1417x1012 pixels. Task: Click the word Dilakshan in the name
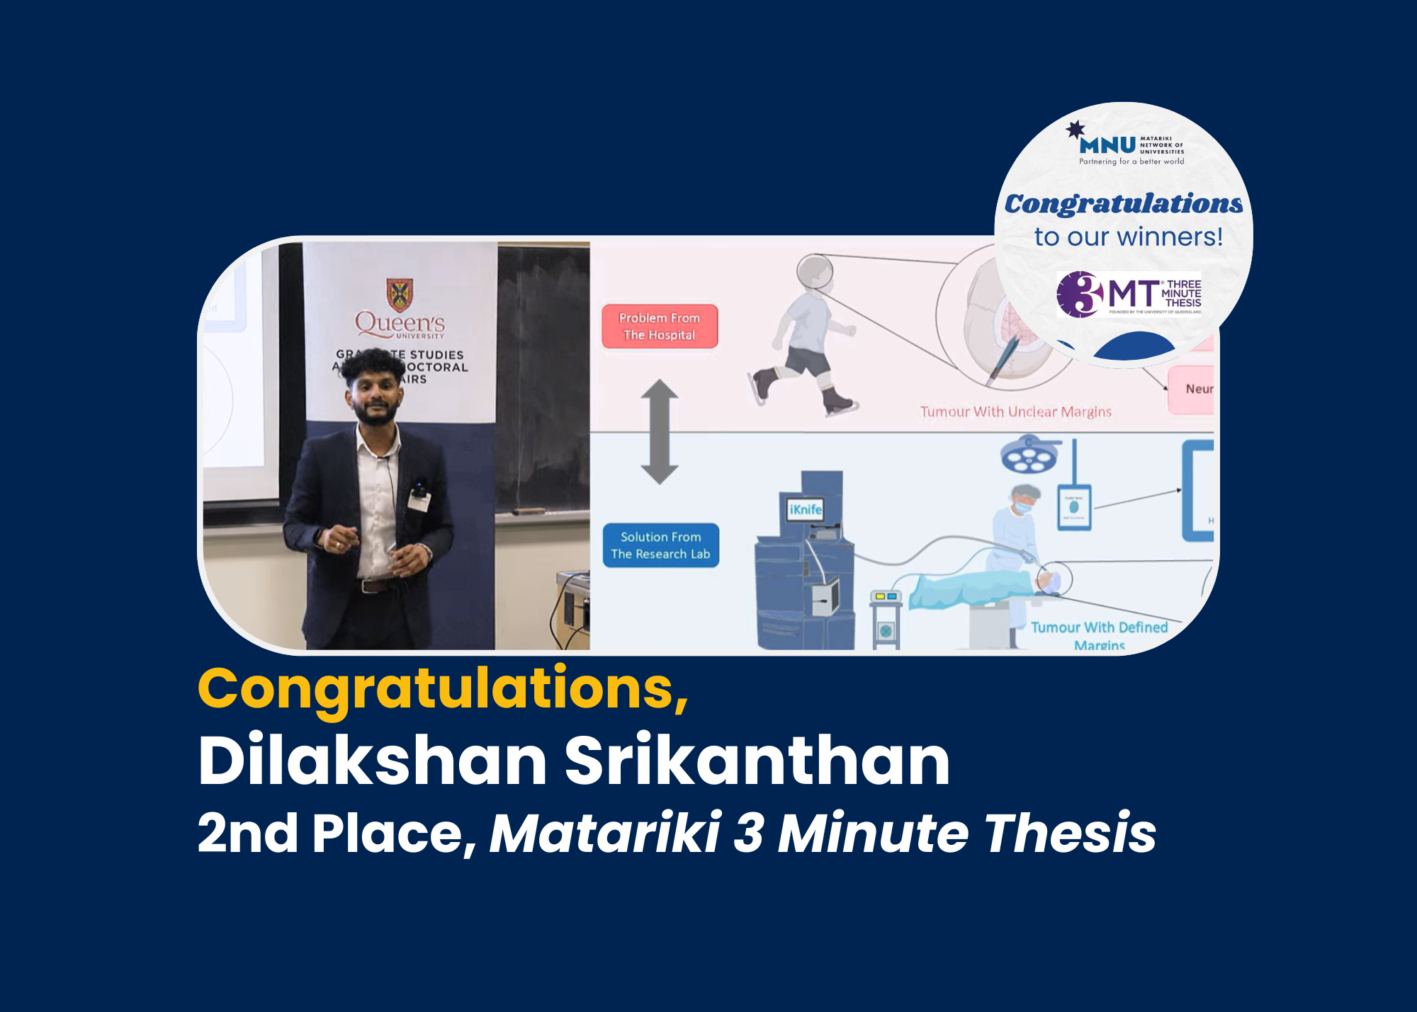point(372,761)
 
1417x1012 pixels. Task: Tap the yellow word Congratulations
point(442,688)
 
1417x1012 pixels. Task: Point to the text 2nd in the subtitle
point(247,833)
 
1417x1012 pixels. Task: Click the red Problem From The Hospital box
point(660,326)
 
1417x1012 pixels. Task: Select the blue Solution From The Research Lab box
point(660,545)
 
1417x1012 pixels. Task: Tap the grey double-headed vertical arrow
point(660,431)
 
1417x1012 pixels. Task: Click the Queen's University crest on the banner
point(400,294)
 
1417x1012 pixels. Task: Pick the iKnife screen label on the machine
point(806,509)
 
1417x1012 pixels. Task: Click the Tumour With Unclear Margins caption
point(1015,411)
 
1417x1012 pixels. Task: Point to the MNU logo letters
point(1107,145)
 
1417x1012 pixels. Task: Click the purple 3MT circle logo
point(1080,294)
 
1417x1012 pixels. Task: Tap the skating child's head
point(814,271)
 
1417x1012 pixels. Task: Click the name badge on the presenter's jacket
point(419,501)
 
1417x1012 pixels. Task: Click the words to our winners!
point(1128,237)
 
